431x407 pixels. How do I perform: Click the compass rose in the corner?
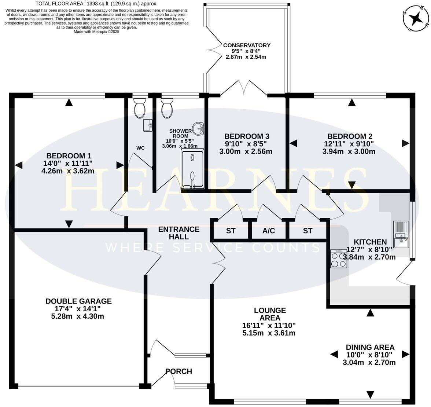pos(416,19)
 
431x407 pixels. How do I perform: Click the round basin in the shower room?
pos(198,129)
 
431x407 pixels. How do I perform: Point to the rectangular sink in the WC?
pos(148,125)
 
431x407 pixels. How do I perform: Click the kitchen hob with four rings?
pos(339,259)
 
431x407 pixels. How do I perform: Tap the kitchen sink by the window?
pos(401,234)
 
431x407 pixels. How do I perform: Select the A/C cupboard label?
pos(269,231)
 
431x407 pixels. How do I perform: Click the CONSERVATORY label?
pos(247,45)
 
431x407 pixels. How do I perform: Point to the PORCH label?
pos(179,371)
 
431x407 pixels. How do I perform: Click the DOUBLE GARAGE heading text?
pos(78,301)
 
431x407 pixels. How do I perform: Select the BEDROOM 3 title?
pos(247,136)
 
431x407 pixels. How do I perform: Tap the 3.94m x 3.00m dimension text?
pos(349,151)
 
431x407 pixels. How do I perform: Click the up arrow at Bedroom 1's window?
pos(69,103)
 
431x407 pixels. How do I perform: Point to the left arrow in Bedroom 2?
pos(294,143)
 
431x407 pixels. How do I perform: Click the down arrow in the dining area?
pos(370,395)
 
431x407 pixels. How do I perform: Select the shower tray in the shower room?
pos(192,169)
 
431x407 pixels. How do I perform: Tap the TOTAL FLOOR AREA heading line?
pos(96,4)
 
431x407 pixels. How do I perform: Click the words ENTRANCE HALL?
pos(179,233)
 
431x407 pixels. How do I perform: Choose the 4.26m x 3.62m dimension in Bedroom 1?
pos(68,171)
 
